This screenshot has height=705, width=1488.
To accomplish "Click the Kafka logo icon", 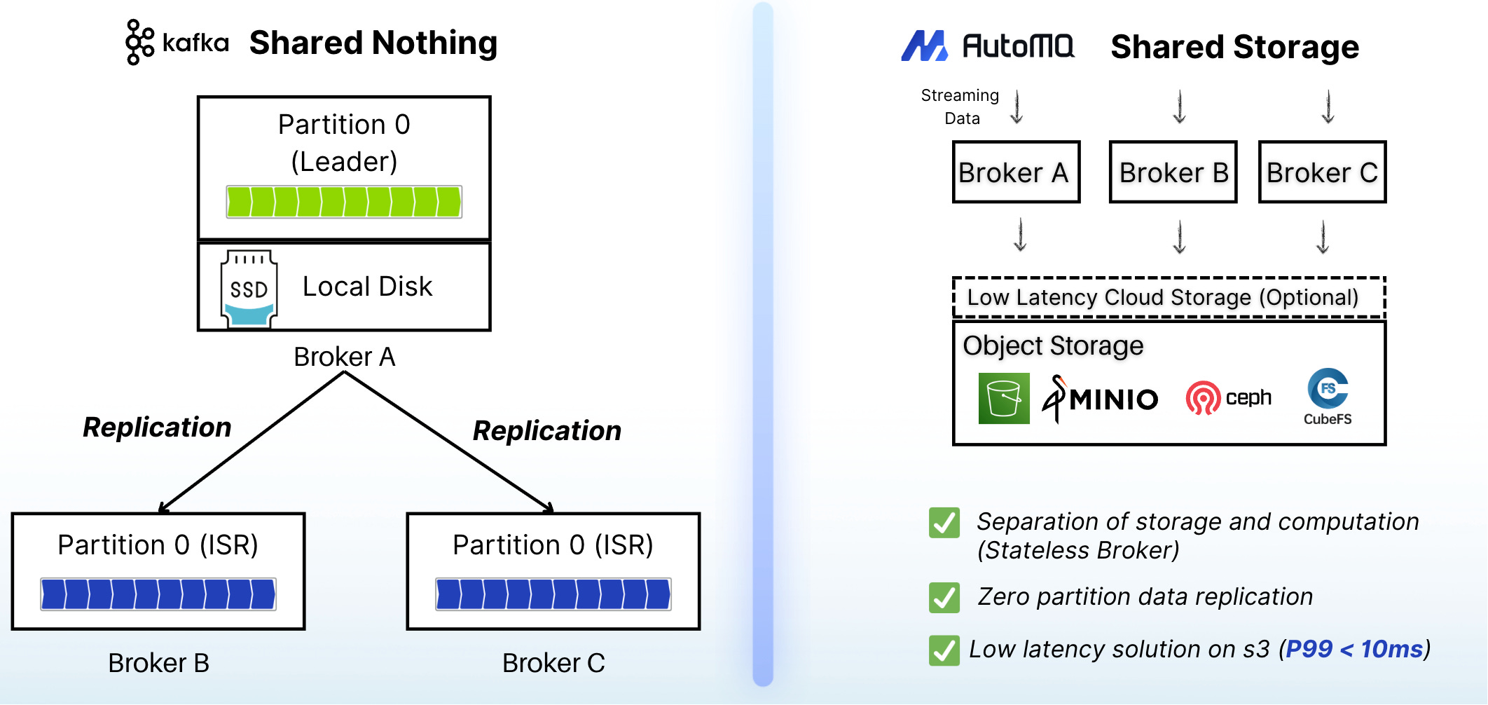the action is click(139, 42).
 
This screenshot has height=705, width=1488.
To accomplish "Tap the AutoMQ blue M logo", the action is click(924, 46).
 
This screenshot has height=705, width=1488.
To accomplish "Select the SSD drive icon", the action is click(249, 289).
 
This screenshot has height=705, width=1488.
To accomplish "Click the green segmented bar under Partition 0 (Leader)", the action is click(344, 202).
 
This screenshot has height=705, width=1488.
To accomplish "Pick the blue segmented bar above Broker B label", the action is click(158, 594).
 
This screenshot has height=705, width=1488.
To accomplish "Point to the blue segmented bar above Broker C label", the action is click(553, 594).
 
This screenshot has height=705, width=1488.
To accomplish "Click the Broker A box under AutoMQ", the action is click(1016, 172).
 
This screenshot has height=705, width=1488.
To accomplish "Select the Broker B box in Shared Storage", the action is click(1173, 172).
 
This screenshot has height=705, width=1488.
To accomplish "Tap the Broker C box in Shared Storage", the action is click(1323, 172).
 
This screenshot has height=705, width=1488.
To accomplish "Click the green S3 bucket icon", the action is click(1004, 398).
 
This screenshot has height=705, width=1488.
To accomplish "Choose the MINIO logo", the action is click(1100, 399).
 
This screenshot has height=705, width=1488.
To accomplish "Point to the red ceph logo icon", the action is click(1203, 398).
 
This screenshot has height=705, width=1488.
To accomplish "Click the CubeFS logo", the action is click(1328, 397).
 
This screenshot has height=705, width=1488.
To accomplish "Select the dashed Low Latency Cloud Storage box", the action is click(1169, 298).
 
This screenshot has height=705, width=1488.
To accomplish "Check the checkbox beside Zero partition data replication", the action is click(944, 598).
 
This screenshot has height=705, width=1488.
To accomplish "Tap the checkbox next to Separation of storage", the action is click(944, 523).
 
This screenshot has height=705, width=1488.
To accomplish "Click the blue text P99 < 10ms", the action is click(1355, 649).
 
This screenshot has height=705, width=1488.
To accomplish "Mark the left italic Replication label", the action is click(157, 427).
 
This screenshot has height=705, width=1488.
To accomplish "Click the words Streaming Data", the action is click(960, 107).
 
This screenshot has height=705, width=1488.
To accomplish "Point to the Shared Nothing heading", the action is click(373, 43).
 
